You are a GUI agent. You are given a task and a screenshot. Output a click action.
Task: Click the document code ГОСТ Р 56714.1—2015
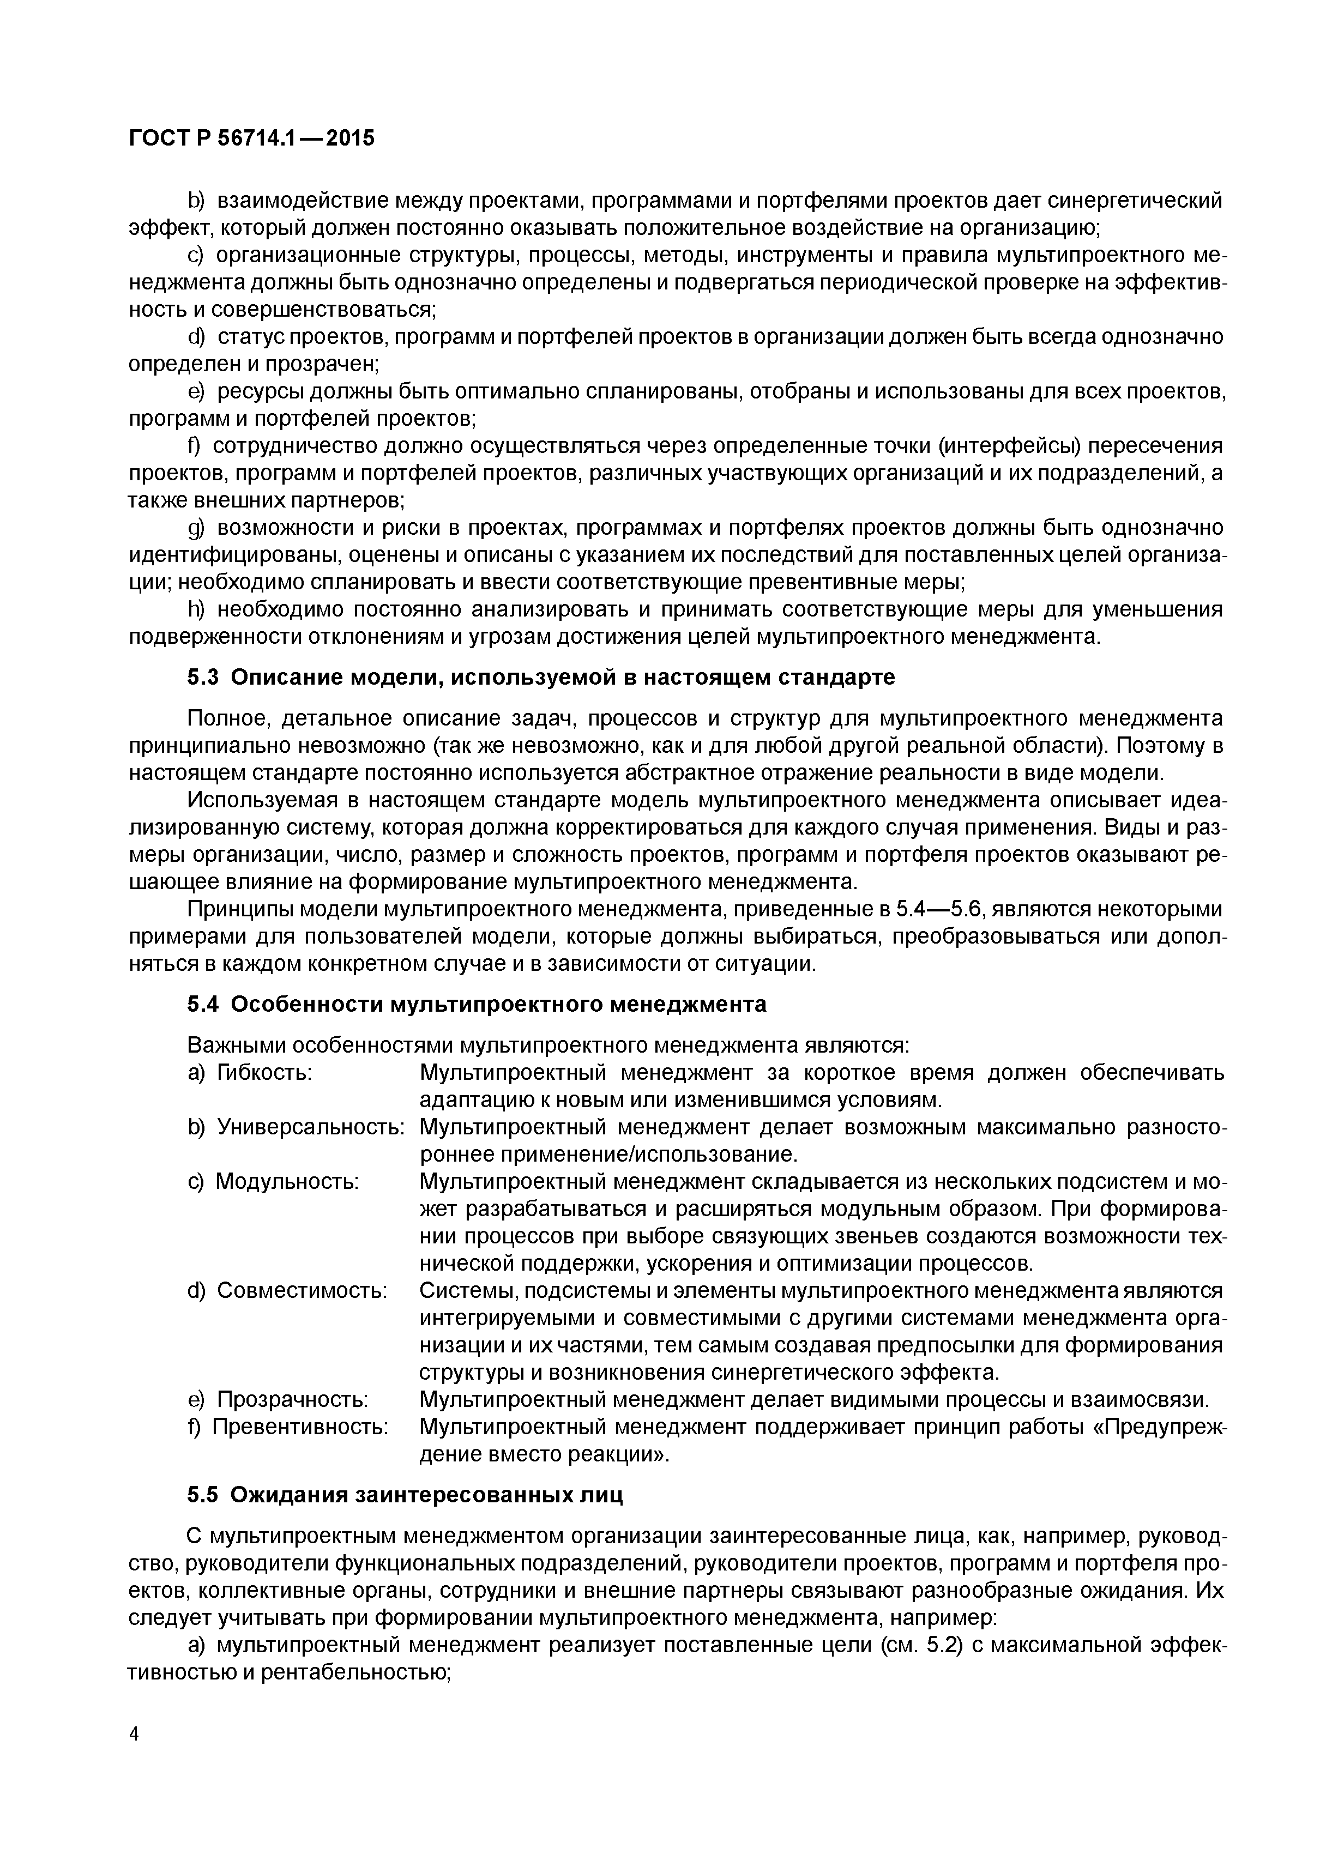click(251, 139)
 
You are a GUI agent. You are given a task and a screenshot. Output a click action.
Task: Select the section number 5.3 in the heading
click(203, 676)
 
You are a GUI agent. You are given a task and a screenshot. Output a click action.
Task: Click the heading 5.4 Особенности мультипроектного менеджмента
click(477, 1004)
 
